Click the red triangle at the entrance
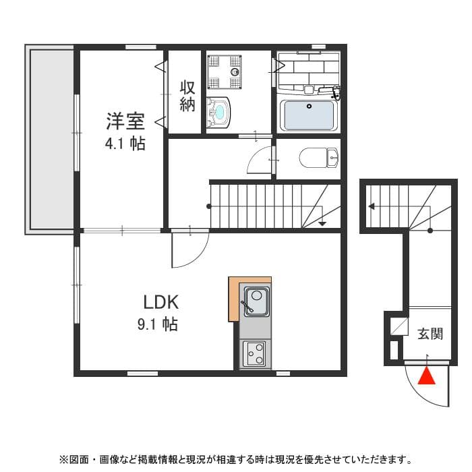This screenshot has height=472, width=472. [x=427, y=376]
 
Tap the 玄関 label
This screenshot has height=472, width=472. [x=430, y=334]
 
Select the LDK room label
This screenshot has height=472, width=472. [x=160, y=301]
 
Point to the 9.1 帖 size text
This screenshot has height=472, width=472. [x=158, y=325]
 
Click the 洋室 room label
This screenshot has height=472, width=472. [x=125, y=122]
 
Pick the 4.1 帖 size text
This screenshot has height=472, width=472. [x=124, y=144]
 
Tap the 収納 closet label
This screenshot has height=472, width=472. [x=187, y=96]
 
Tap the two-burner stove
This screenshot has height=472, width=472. [x=255, y=353]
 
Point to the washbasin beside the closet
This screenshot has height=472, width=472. [x=219, y=113]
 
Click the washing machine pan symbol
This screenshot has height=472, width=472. [x=225, y=71]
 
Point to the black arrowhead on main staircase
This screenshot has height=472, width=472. [x=322, y=223]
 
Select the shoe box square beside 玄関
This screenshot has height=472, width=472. [x=399, y=327]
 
